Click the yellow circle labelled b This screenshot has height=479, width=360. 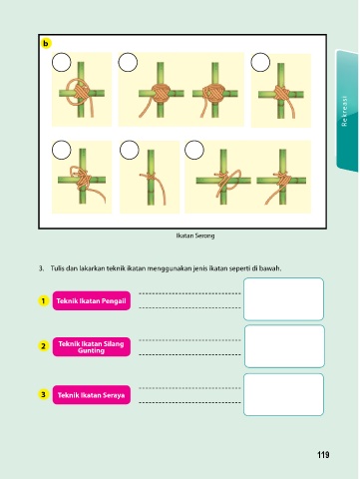coord(46,43)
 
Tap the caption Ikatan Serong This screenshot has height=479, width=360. coord(195,236)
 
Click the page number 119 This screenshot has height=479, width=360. coord(323,455)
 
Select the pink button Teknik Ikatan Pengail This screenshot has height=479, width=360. coord(92,300)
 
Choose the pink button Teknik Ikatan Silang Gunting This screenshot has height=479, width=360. coord(92,347)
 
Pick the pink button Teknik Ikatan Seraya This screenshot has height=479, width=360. coord(92,395)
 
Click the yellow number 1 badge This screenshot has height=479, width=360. coord(43,301)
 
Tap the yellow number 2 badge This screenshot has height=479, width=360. coord(43,346)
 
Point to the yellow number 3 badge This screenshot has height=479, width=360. coord(43,394)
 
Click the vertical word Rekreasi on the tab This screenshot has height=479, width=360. coord(344,111)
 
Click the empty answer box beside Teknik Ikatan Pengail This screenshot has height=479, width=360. coord(283,299)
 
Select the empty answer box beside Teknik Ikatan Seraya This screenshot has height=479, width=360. coord(283,394)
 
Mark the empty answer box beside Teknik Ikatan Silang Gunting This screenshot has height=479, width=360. coord(284,346)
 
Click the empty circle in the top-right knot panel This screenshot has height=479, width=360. coord(260,62)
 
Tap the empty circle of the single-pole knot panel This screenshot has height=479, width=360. coord(129,150)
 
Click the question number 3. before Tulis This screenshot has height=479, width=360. coord(41,268)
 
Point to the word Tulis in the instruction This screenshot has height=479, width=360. coord(57,268)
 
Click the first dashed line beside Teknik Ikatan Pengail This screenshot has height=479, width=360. coord(189,293)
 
